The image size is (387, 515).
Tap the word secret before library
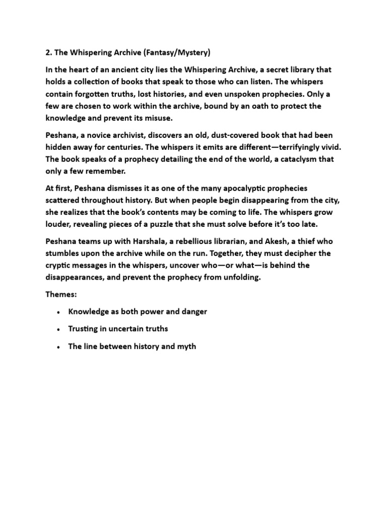tap(275, 69)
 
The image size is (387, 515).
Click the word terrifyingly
tap(293, 148)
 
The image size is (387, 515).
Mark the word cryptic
tap(58, 266)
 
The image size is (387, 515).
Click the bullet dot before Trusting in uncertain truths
tap(59, 329)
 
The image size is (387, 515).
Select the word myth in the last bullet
tap(186, 347)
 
